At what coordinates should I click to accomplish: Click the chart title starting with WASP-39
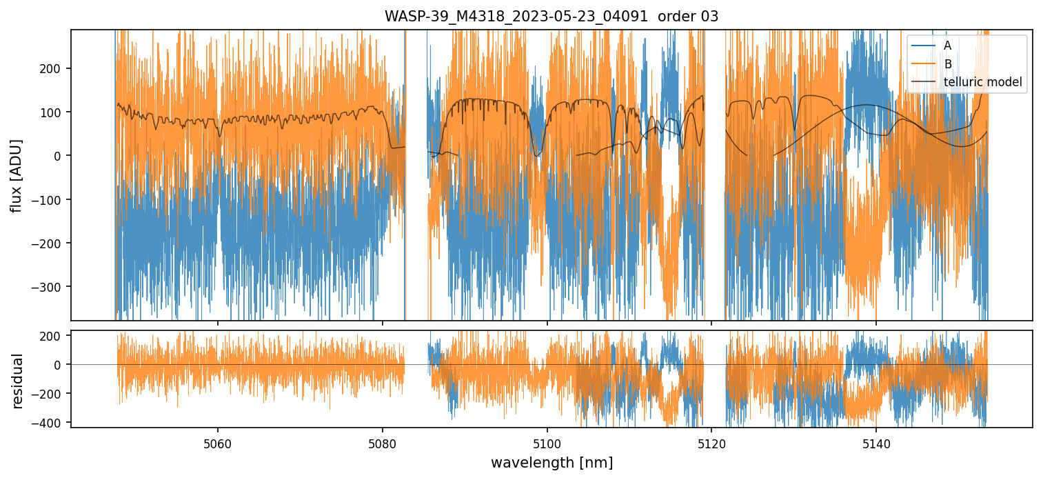pos(551,17)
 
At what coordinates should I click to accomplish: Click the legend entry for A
pos(947,46)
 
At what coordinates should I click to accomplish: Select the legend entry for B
pos(948,64)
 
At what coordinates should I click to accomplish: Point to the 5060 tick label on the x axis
pos(218,442)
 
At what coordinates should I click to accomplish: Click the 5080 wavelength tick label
pos(383,442)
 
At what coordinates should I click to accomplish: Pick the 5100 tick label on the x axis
pos(547,442)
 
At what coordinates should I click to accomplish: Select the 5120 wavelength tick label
pos(711,442)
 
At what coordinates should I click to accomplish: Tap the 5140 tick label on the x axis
pos(875,442)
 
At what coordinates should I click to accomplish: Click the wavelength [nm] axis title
pos(551,462)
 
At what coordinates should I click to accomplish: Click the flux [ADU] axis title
pos(15,175)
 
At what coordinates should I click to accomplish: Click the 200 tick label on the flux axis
pos(54,68)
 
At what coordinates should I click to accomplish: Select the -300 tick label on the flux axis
pos(50,287)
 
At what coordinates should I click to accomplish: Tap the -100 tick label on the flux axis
pos(50,199)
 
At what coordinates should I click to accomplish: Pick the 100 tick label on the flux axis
pos(54,112)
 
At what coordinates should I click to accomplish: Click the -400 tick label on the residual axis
pos(50,422)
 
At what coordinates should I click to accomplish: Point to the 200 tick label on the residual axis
pos(54,336)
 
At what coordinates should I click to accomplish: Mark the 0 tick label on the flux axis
pos(60,156)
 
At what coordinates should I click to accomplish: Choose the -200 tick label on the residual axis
pos(50,394)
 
